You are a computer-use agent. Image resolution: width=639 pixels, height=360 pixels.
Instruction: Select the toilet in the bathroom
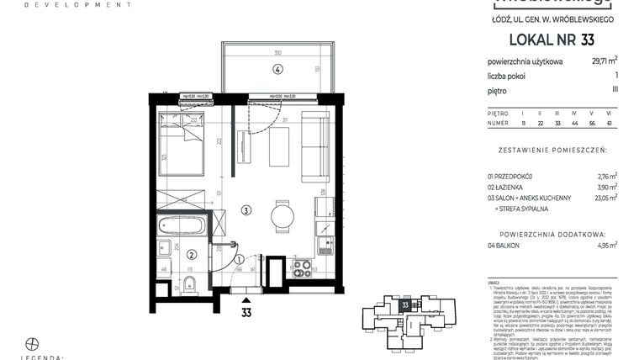point(190,281)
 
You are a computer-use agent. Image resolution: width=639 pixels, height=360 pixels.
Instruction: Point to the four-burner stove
point(301,269)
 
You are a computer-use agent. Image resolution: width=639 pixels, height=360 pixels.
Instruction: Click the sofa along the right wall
point(317,147)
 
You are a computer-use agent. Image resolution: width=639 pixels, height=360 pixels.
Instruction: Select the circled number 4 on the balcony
point(277,69)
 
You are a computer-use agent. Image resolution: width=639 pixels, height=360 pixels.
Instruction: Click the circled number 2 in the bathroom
point(192,255)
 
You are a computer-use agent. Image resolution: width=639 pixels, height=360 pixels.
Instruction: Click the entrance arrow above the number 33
point(246,298)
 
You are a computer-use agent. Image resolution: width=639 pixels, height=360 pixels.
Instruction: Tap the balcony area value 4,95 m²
point(605,245)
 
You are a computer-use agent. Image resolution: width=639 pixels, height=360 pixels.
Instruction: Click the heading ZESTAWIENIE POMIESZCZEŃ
point(552,154)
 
